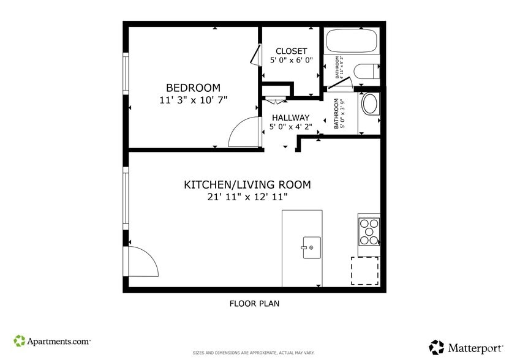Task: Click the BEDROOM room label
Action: point(193,88)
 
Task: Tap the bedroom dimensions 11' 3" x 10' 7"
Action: point(193,100)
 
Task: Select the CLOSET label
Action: point(291,51)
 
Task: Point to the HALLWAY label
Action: point(290,118)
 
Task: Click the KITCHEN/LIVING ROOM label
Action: point(247,184)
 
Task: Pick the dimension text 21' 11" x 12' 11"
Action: point(247,197)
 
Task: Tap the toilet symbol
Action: point(366,72)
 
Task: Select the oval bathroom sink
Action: point(370,104)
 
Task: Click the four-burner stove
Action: point(369,232)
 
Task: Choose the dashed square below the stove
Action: point(364,271)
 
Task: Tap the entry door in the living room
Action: point(141,262)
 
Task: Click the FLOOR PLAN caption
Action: point(254,303)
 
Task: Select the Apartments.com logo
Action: point(52,341)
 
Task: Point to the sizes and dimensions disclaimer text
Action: point(254,353)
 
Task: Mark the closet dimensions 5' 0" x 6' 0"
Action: point(291,61)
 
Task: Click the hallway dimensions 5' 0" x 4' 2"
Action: point(290,127)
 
